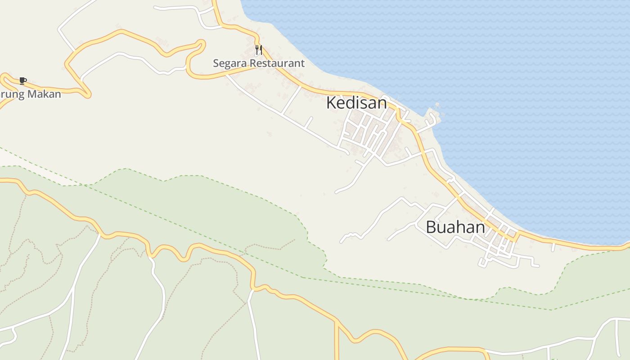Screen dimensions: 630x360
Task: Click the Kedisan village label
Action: point(356,103)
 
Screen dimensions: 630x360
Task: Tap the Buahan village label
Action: point(455,227)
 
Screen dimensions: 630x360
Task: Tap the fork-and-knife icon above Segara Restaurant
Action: point(258,49)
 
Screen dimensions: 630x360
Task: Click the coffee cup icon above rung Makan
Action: point(23,81)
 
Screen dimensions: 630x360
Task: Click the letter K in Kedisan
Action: point(331,103)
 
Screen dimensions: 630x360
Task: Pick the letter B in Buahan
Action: point(431,227)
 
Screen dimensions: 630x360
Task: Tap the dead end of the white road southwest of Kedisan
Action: point(337,192)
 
